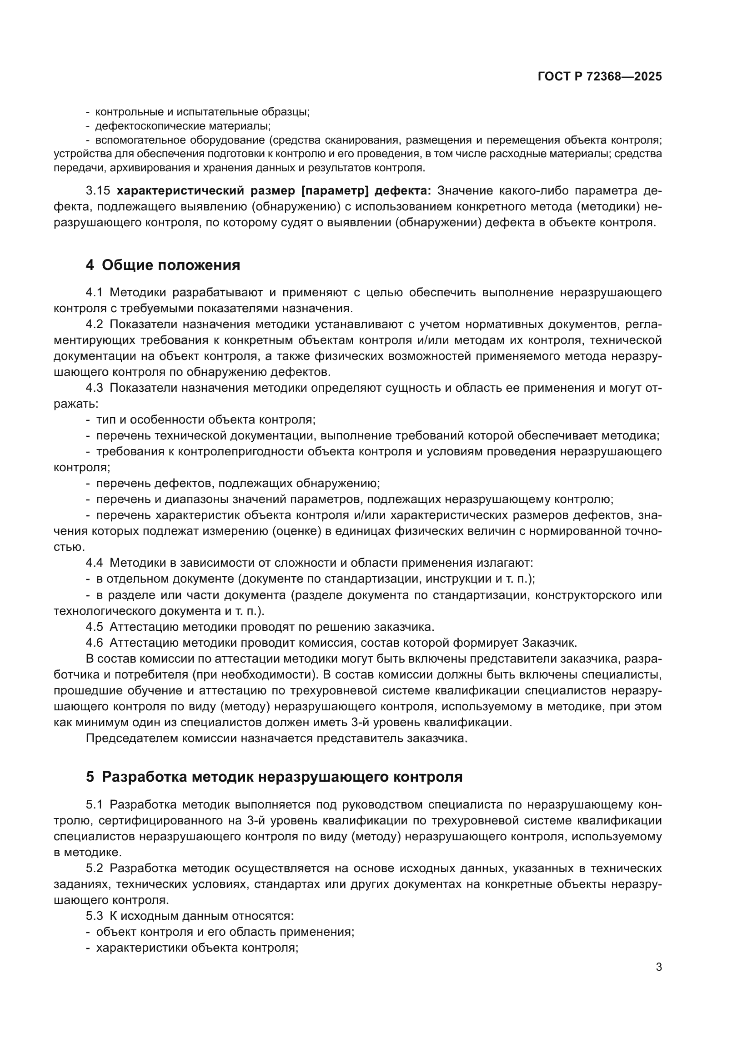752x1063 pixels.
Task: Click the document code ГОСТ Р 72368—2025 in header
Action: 600,77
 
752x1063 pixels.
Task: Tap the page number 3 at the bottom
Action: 658,967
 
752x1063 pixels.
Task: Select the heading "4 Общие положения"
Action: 163,265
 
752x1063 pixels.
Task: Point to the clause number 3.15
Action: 97,191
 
